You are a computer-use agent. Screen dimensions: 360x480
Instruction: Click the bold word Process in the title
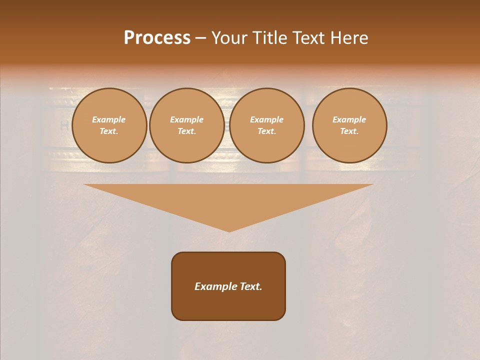(x=157, y=38)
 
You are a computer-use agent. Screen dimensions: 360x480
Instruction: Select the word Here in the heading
(x=348, y=38)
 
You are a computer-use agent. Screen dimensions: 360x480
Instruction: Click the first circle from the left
(x=109, y=125)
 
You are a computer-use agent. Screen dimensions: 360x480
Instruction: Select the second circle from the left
(x=186, y=125)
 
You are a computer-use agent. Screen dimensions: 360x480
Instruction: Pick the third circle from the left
(x=266, y=125)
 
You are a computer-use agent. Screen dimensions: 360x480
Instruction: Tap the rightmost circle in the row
(x=349, y=125)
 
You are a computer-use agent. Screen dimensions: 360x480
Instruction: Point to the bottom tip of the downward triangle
(x=229, y=231)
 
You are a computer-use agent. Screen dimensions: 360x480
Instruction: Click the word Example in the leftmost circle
(x=109, y=119)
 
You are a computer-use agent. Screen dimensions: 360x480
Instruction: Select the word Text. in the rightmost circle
(x=349, y=131)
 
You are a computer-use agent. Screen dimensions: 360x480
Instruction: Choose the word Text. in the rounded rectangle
(x=251, y=286)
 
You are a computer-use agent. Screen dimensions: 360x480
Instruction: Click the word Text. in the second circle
(x=186, y=131)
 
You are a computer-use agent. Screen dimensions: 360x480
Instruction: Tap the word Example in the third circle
(x=266, y=119)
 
